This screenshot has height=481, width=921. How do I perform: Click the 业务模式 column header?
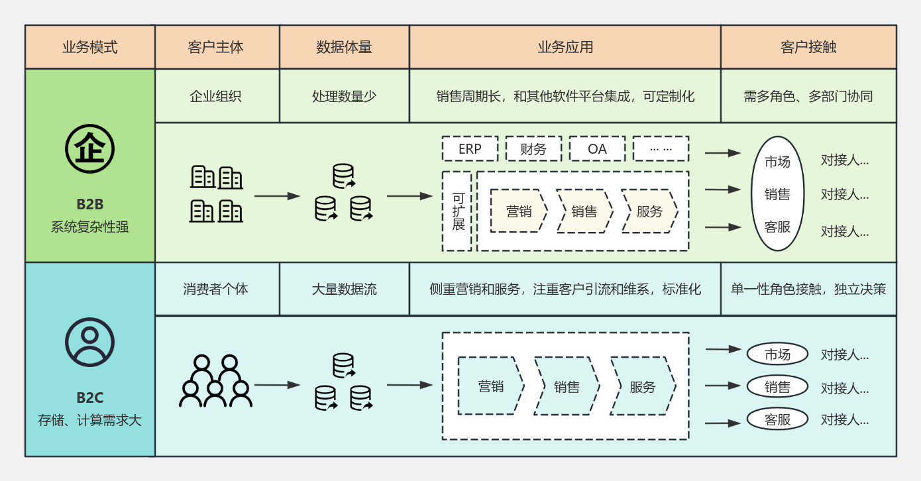tap(89, 47)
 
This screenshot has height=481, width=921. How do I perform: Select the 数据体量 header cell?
tap(344, 47)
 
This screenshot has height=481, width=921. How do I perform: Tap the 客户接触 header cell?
tap(808, 47)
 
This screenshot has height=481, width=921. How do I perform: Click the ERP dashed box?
tap(470, 149)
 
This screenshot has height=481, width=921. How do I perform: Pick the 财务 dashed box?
tap(533, 149)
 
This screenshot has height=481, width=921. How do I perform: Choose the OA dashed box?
tap(597, 149)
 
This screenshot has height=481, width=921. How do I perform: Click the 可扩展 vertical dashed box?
tap(457, 211)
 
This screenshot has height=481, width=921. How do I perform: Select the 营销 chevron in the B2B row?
tap(519, 211)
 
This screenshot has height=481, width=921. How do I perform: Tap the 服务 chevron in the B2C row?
tap(642, 386)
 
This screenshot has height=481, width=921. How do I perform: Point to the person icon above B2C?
tap(89, 343)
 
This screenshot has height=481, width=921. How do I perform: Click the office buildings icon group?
tap(216, 193)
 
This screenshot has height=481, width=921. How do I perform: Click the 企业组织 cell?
tap(216, 96)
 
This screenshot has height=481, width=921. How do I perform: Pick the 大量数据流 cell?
tap(344, 290)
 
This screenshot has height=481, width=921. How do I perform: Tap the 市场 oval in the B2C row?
tap(777, 354)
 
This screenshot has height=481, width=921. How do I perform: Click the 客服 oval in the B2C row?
tap(777, 419)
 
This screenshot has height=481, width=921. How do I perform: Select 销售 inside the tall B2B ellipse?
tap(777, 194)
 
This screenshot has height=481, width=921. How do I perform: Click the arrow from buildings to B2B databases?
tap(277, 196)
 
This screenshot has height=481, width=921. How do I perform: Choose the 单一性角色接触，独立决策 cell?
tap(808, 290)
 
